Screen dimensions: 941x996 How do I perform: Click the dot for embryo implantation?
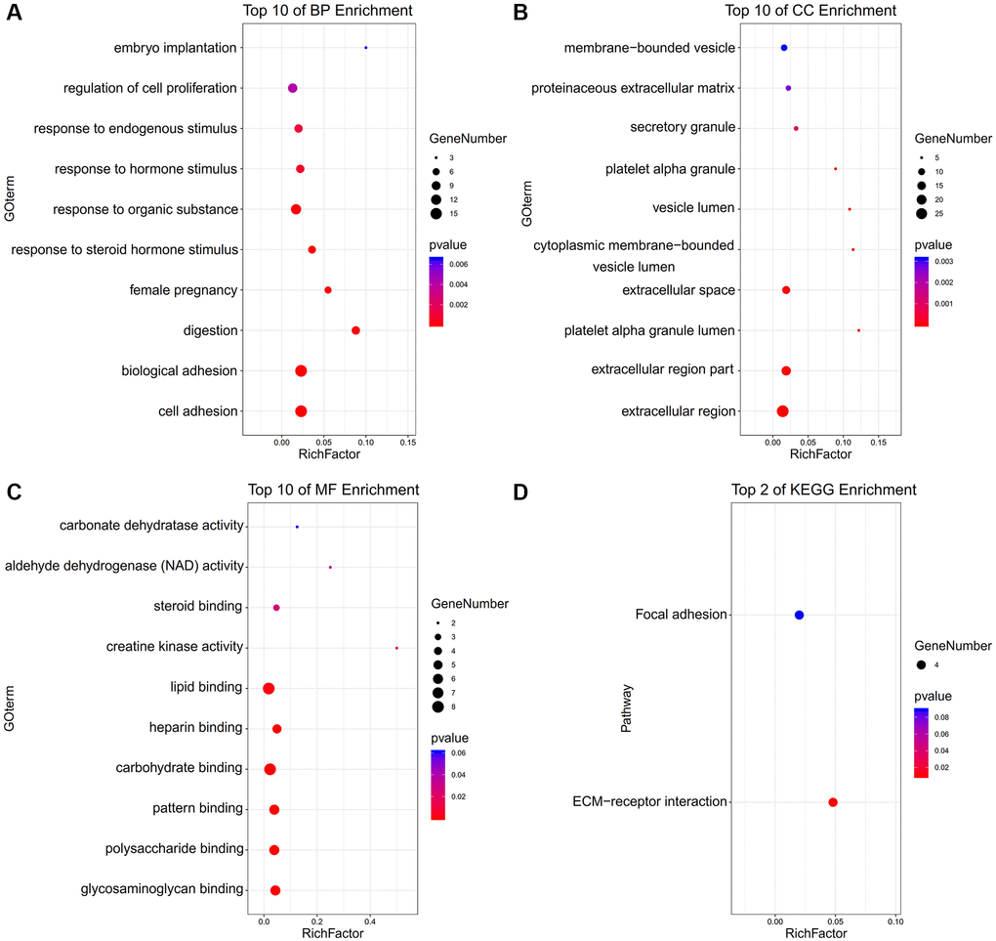[x=365, y=48]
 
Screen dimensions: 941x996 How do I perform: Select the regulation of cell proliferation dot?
[x=292, y=89]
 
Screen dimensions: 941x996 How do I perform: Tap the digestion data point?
[x=355, y=330]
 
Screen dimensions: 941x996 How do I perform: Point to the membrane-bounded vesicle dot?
[x=784, y=48]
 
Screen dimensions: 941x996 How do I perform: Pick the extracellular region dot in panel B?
[x=782, y=411]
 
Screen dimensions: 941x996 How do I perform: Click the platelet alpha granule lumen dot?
[x=858, y=330]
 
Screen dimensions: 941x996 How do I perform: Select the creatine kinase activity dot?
[x=396, y=648]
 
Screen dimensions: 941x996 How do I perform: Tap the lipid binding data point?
[x=269, y=688]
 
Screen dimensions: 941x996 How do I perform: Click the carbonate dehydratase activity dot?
[x=297, y=527]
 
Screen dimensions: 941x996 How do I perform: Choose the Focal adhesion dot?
[x=800, y=615]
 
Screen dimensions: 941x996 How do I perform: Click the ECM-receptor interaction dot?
[x=833, y=802]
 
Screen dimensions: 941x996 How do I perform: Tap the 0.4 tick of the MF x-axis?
[x=370, y=920]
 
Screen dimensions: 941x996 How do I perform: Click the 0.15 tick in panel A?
[x=407, y=443]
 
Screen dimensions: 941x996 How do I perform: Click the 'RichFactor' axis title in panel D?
[x=815, y=935]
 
